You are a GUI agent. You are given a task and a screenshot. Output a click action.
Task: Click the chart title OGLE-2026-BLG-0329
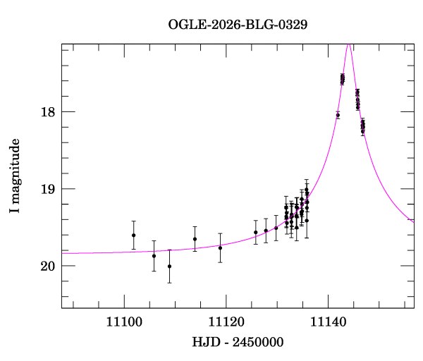click(x=238, y=24)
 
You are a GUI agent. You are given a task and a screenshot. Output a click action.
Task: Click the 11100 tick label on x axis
click(x=124, y=322)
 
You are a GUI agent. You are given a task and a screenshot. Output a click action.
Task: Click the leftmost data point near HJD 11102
click(x=134, y=235)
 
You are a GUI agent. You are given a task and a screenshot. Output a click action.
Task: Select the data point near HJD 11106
click(x=154, y=256)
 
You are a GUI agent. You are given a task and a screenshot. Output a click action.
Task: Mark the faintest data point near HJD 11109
click(x=169, y=266)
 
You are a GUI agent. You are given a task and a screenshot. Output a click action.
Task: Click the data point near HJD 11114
click(x=195, y=239)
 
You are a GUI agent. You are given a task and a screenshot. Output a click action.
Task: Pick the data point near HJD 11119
click(x=220, y=247)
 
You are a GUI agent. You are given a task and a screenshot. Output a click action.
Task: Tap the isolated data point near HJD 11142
click(x=338, y=115)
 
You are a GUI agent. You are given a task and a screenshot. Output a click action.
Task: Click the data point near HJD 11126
click(x=256, y=232)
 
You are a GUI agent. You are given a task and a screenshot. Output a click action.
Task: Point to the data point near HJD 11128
click(x=266, y=231)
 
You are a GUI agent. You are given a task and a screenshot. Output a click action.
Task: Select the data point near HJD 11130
click(x=276, y=228)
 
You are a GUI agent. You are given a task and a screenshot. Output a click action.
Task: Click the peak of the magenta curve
click(x=348, y=45)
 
